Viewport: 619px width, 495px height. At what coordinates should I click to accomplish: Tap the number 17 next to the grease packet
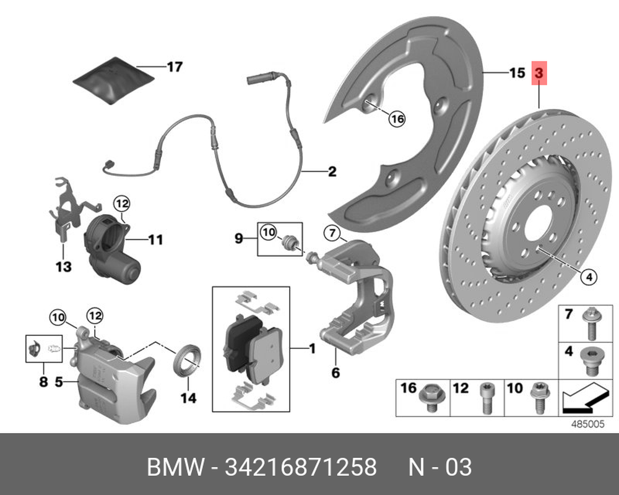pos(175,66)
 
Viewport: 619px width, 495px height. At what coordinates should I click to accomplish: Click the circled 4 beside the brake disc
pos(588,277)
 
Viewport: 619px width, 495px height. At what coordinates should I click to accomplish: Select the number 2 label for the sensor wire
pos(332,171)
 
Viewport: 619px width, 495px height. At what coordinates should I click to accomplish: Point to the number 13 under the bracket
pos(64,267)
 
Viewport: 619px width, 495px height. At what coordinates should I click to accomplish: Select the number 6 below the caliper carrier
pos(335,372)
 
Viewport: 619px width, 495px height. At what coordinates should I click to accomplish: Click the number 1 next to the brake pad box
pos(312,350)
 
